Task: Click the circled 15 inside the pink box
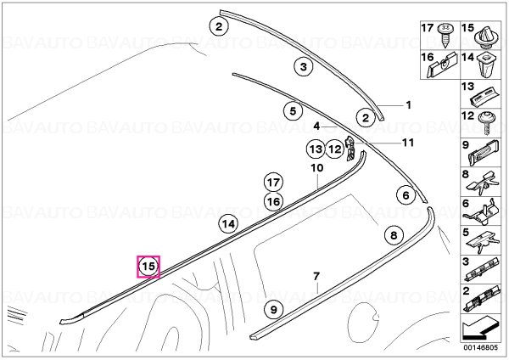click(x=148, y=267)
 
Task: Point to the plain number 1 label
click(x=409, y=105)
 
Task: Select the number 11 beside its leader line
click(x=408, y=143)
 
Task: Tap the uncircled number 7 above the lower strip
click(x=316, y=277)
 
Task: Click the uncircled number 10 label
click(x=317, y=167)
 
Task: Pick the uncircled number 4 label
click(x=316, y=126)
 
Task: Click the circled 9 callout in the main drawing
click(x=274, y=309)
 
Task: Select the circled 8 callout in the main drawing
click(x=394, y=235)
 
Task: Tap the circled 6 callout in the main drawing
click(x=406, y=195)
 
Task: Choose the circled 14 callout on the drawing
click(x=228, y=224)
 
